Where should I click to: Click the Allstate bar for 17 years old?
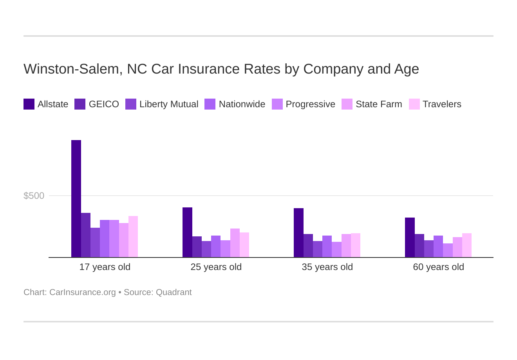[76, 199]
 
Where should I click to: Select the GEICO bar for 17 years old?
[86, 235]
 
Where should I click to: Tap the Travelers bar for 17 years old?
[133, 237]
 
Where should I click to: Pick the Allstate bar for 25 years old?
[187, 232]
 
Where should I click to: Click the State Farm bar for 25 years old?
[235, 243]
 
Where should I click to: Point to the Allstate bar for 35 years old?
[298, 233]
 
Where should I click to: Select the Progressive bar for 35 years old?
[336, 250]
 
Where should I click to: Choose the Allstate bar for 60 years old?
[410, 238]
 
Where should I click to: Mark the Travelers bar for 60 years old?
[467, 245]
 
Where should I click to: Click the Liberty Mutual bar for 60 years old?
[429, 249]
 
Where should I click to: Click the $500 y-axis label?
[34, 196]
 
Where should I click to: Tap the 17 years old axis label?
[105, 267]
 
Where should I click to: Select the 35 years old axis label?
[327, 267]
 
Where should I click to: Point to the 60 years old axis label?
[438, 267]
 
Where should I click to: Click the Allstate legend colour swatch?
[29, 104]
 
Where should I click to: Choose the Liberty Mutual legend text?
[169, 104]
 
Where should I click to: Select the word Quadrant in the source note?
[174, 292]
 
